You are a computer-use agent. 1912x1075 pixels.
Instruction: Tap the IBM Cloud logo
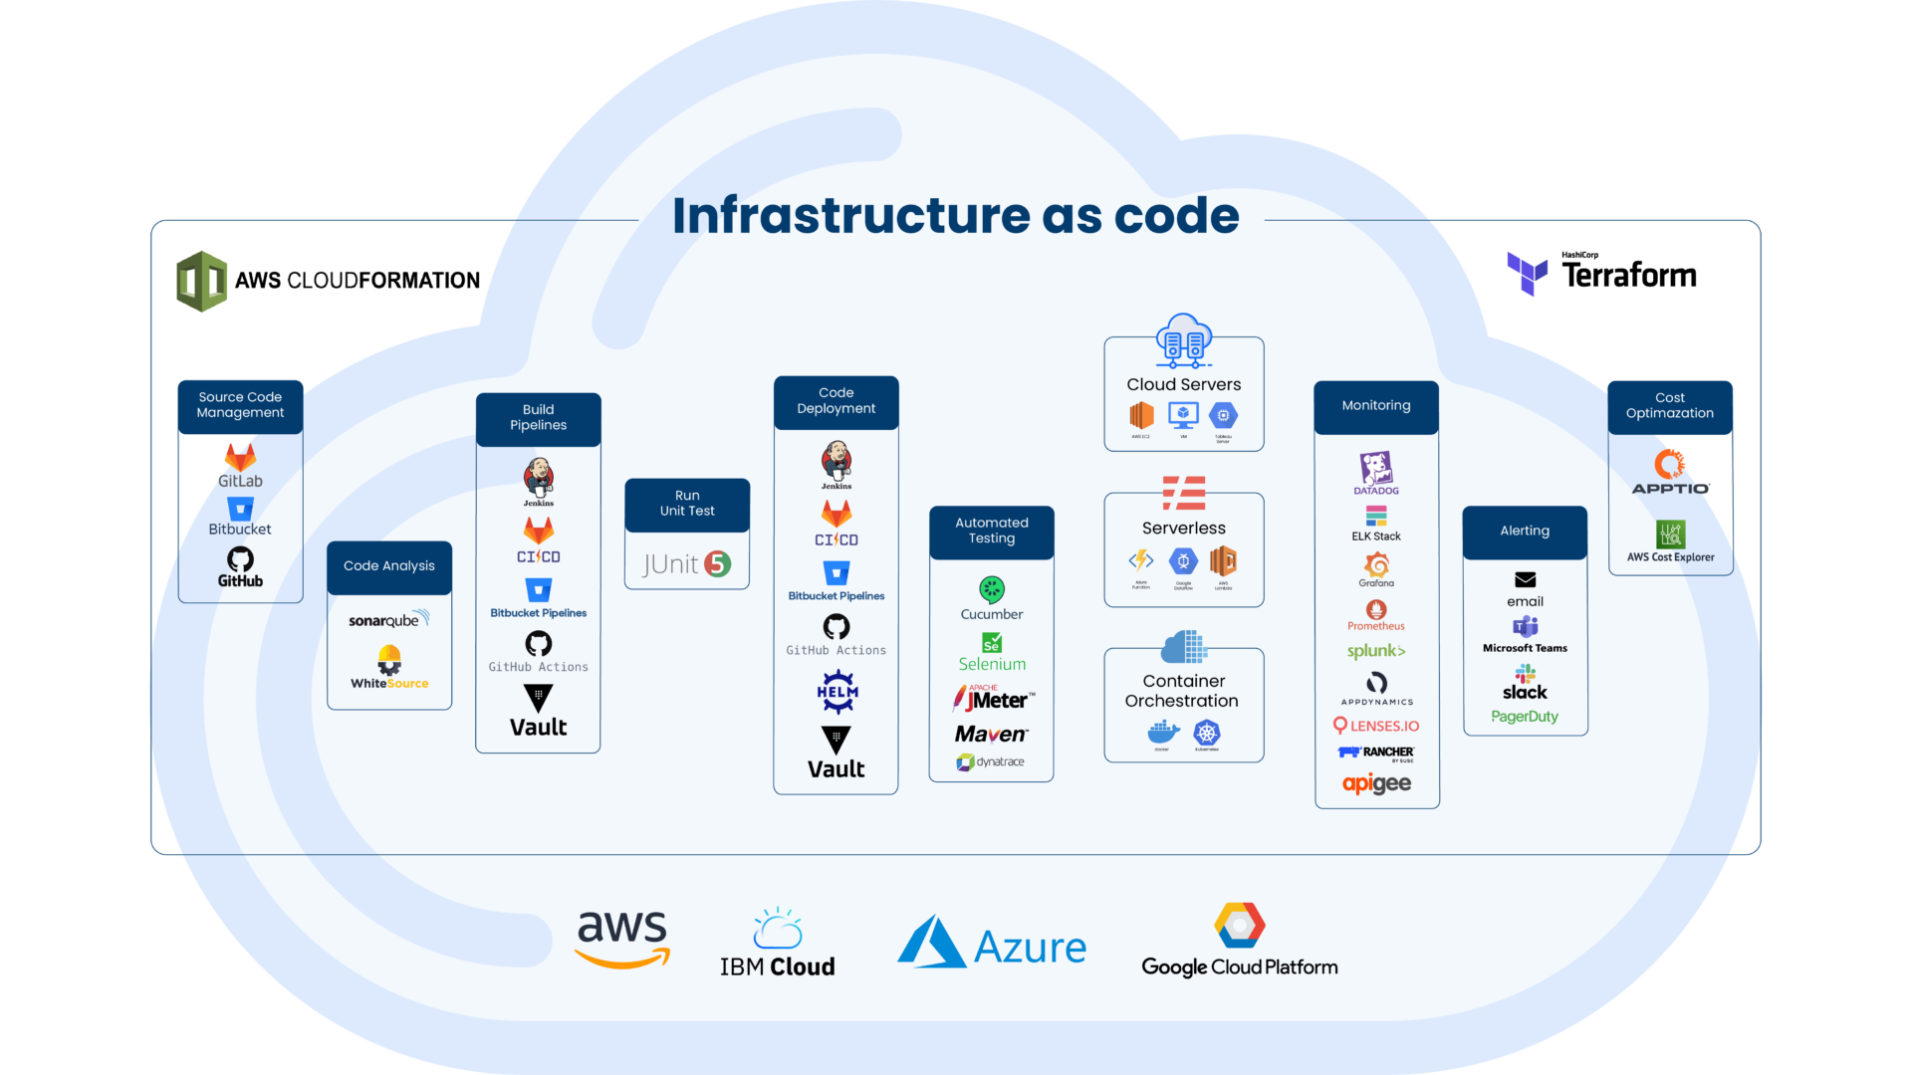pos(777,944)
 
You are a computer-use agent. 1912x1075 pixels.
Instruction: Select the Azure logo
pos(992,943)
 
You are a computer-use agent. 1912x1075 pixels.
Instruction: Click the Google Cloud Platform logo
pos(1239,942)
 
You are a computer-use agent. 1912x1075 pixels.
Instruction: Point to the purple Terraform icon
pos(1527,274)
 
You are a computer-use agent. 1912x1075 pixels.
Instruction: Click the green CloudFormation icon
pos(202,281)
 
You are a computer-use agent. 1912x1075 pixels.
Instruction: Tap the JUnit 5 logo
pos(686,564)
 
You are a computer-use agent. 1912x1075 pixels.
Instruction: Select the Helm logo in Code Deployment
pos(836,692)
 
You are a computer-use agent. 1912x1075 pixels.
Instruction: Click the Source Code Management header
pos(240,405)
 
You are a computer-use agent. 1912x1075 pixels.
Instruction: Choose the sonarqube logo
pos(388,620)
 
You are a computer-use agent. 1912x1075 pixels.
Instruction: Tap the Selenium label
pos(992,664)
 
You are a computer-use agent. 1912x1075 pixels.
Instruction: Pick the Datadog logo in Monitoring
pos(1376,473)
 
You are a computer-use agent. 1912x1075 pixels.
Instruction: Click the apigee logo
pos(1376,783)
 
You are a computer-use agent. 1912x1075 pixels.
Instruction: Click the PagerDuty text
pos(1525,717)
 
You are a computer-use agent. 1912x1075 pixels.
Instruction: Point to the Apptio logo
pos(1670,473)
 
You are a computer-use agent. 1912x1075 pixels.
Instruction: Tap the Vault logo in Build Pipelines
pos(538,713)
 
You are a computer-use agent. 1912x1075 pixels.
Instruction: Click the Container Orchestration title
pos(1183,691)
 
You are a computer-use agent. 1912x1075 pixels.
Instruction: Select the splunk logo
pos(1376,651)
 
